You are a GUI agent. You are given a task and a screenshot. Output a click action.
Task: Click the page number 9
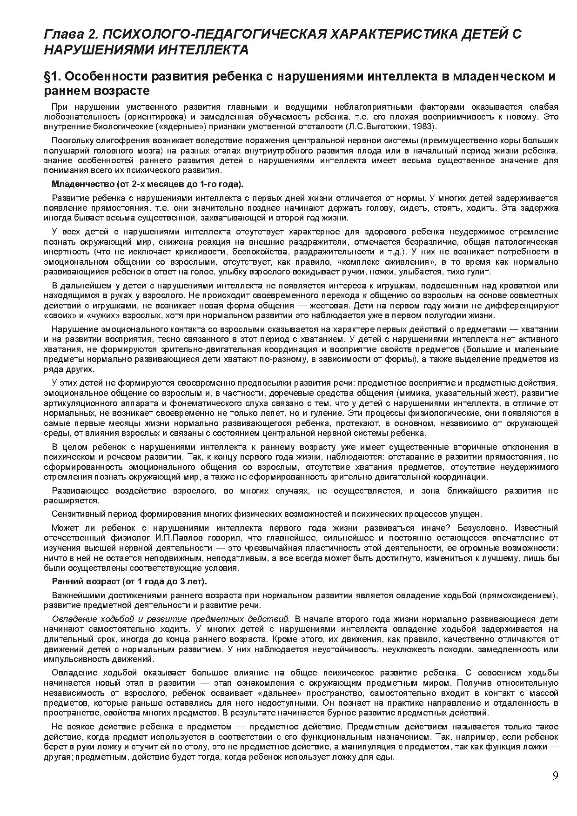(555, 775)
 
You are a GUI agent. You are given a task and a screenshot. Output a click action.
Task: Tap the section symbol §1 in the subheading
(53, 76)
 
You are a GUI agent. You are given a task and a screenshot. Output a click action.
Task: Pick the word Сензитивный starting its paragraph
(78, 514)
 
